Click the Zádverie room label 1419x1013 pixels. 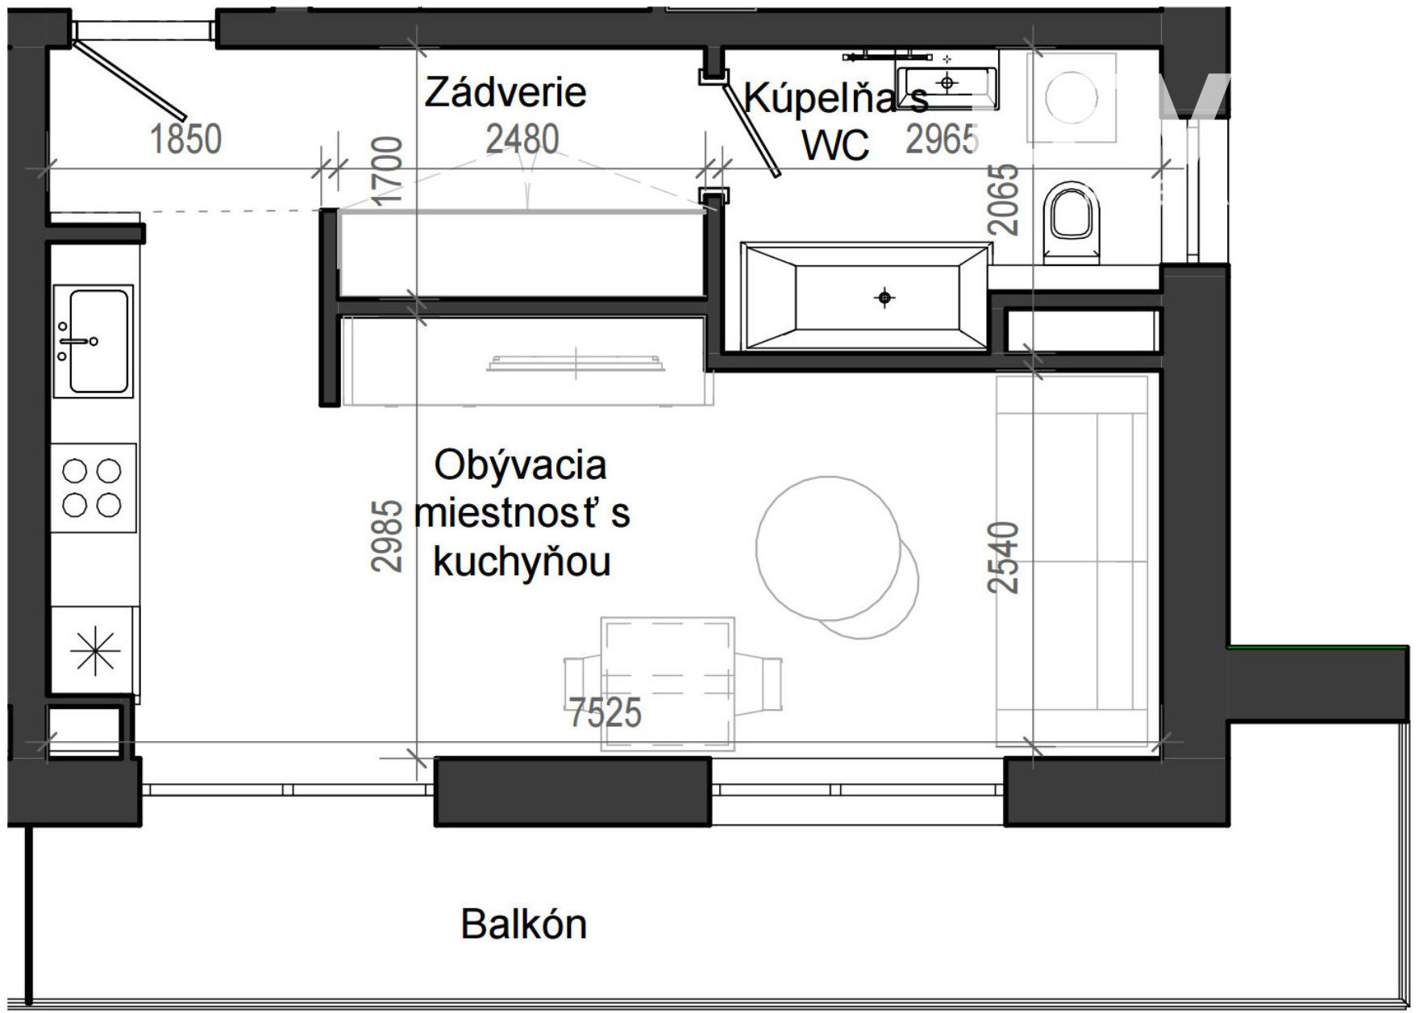506,92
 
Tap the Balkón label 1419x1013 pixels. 524,924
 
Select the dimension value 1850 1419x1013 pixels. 186,139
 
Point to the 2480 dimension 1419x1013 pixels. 522,139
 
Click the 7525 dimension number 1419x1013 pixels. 605,712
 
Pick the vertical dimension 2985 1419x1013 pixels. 387,536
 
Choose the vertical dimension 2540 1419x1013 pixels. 1004,557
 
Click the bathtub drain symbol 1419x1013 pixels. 884,298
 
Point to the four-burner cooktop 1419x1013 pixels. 93,487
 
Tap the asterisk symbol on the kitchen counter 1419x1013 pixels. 95,649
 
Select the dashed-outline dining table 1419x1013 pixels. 668,684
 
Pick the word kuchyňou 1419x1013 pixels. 522,561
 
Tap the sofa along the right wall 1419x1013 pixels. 1072,561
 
